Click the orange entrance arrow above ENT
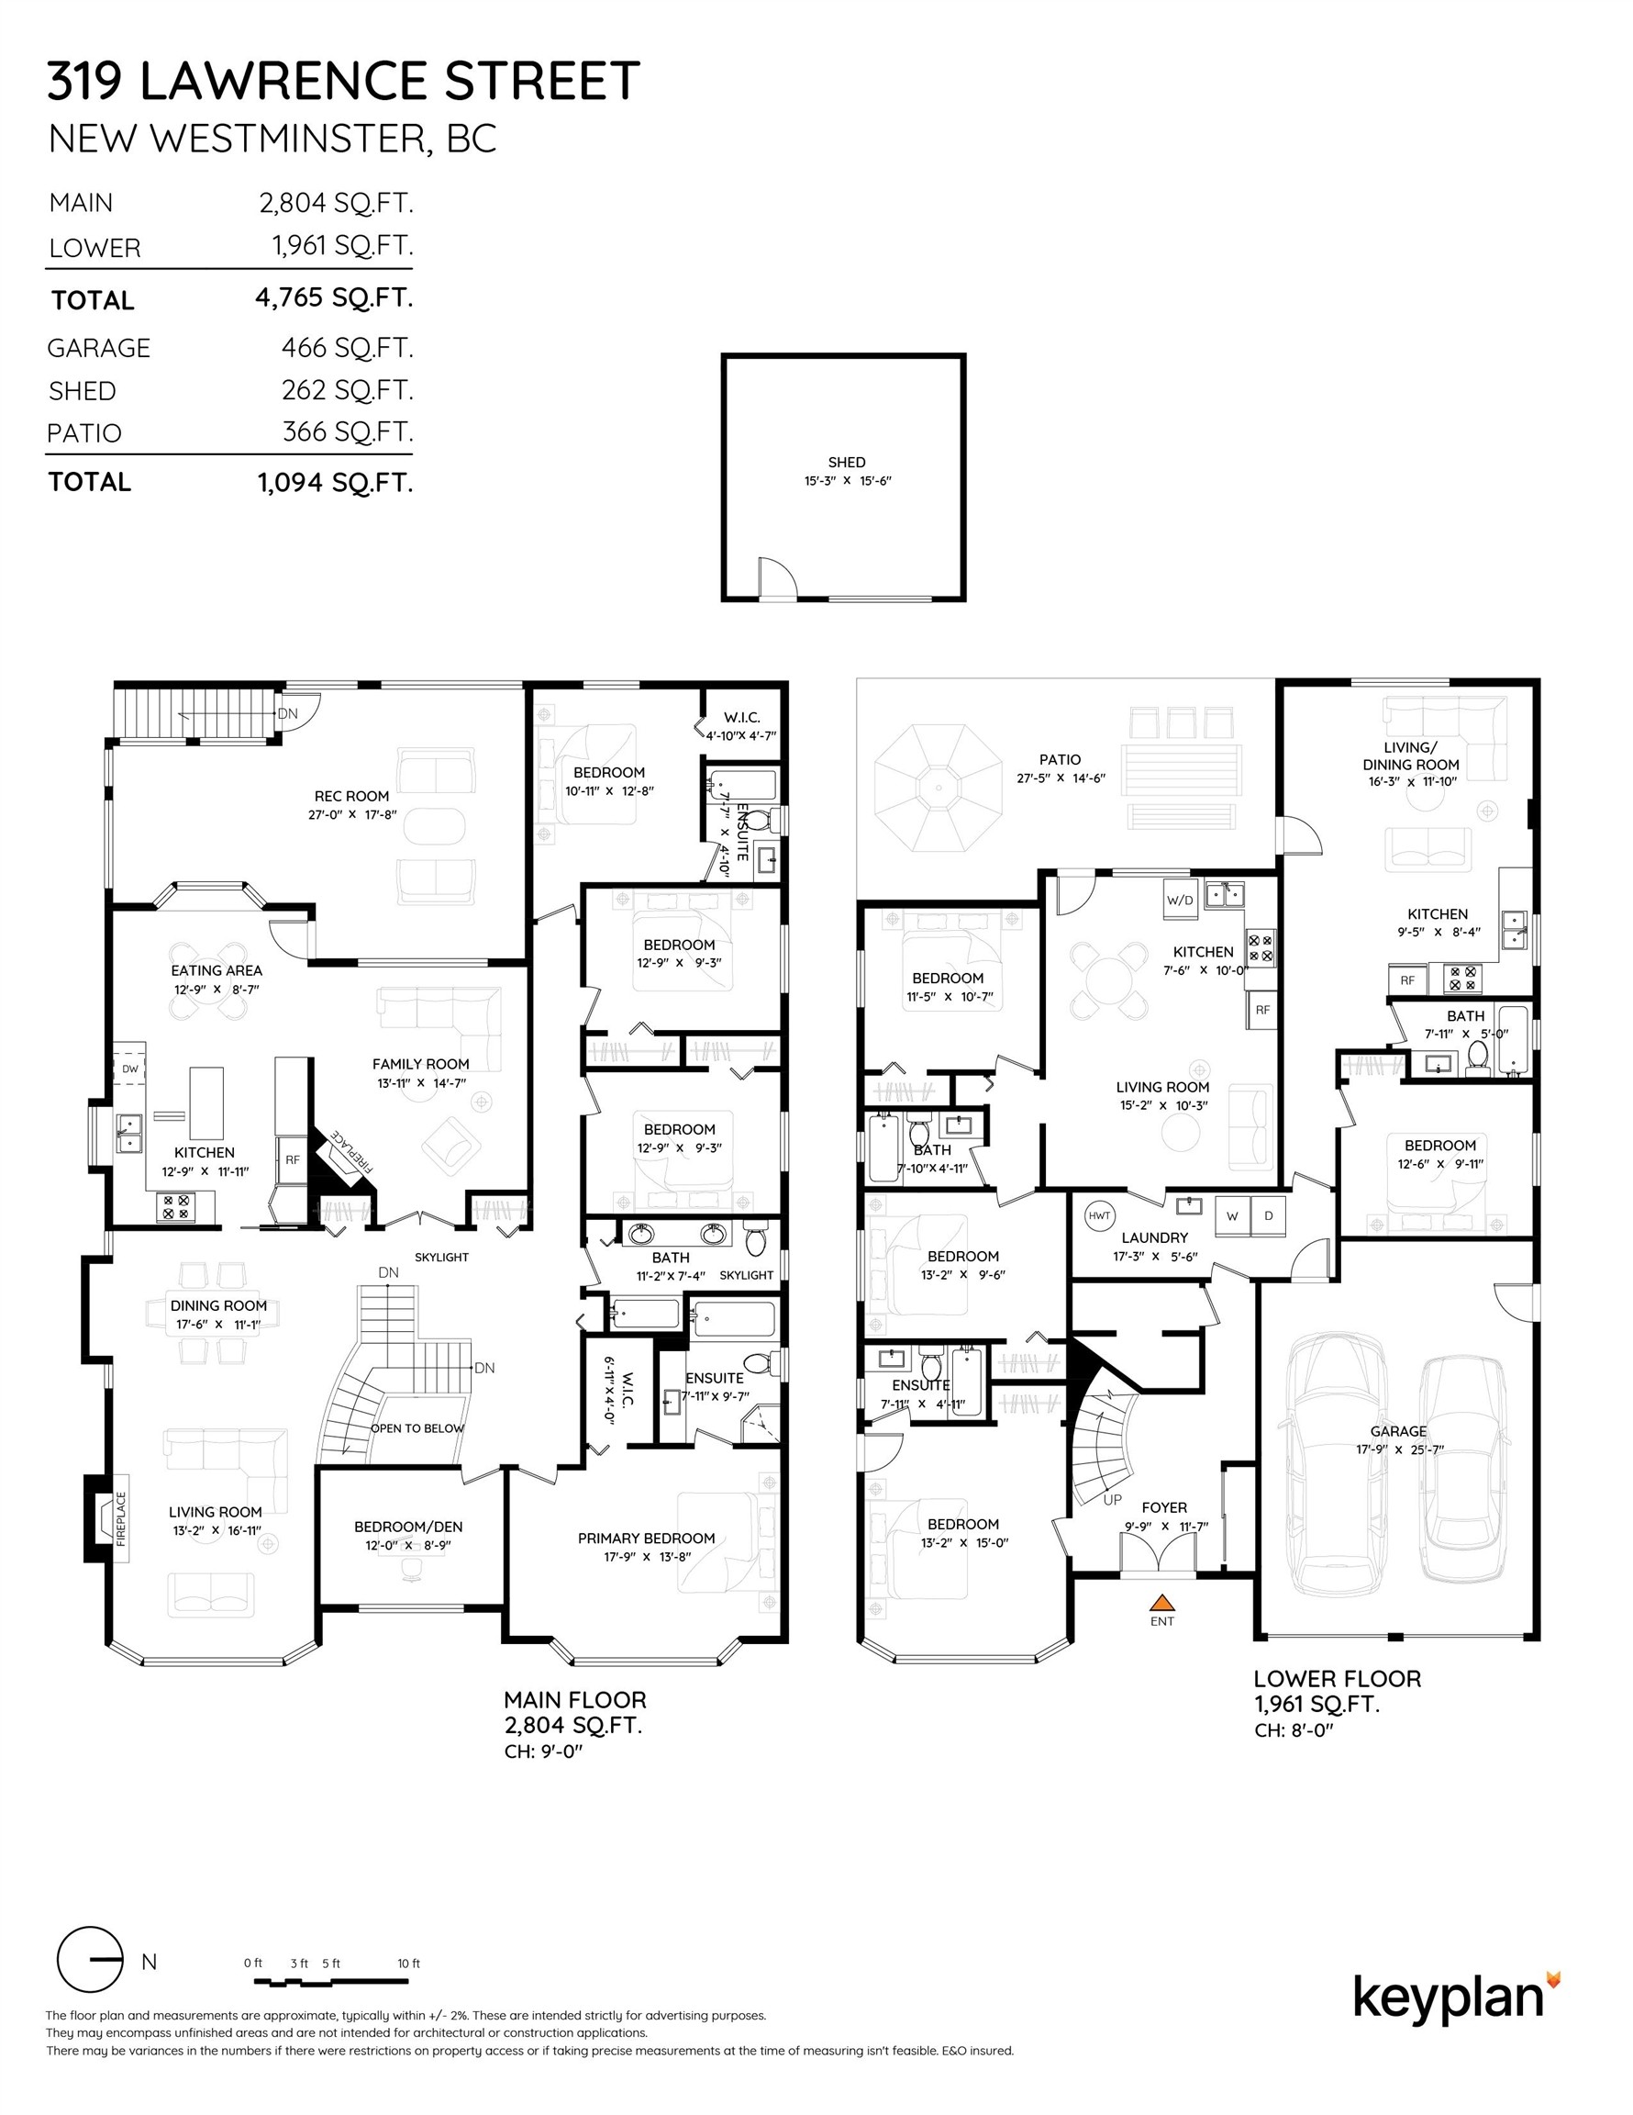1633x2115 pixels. pyautogui.click(x=1161, y=1602)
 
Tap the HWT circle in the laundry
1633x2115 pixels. pyautogui.click(x=1099, y=1215)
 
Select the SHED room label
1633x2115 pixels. pyautogui.click(x=846, y=463)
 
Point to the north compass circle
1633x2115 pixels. pyautogui.click(x=89, y=1960)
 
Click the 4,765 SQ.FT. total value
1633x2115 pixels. pyautogui.click(x=334, y=297)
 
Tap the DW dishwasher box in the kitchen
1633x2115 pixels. pyautogui.click(x=129, y=1069)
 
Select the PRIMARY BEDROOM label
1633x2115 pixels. pyautogui.click(x=646, y=1538)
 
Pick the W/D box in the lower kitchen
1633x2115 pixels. pyautogui.click(x=1180, y=900)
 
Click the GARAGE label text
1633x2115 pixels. pyautogui.click(x=1398, y=1431)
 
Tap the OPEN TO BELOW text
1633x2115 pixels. pyautogui.click(x=417, y=1428)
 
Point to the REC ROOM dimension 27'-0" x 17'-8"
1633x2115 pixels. pyautogui.click(x=352, y=815)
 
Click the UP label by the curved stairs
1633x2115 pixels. pyautogui.click(x=1112, y=1500)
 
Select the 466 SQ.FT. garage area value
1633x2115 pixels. pyautogui.click(x=347, y=347)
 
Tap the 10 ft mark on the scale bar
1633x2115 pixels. pyautogui.click(x=408, y=1963)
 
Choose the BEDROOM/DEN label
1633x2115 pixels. pyautogui.click(x=407, y=1527)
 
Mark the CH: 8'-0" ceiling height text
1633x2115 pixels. pyautogui.click(x=1294, y=1730)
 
